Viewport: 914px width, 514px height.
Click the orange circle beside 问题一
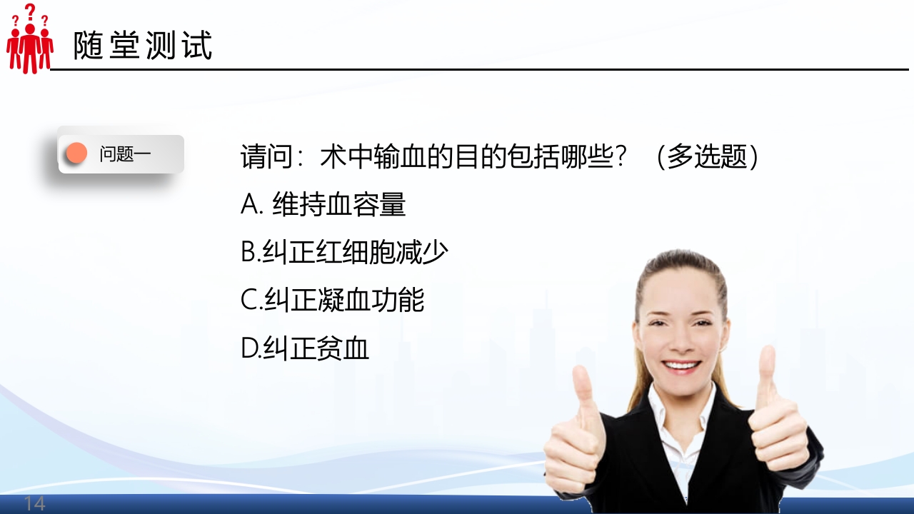coord(76,153)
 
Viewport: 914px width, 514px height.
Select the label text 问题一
coord(125,154)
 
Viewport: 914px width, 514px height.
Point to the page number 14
coord(34,503)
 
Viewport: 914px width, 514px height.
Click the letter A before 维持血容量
coord(251,206)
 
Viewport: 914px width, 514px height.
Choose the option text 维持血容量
coord(339,206)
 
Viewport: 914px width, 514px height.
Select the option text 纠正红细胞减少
coord(356,253)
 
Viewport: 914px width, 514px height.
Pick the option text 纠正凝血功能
coord(344,301)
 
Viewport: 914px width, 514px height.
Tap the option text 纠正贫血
coord(316,348)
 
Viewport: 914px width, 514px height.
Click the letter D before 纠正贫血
coord(250,348)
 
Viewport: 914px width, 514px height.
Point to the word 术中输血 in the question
coord(373,157)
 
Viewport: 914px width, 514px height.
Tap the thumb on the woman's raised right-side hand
coord(767,371)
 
